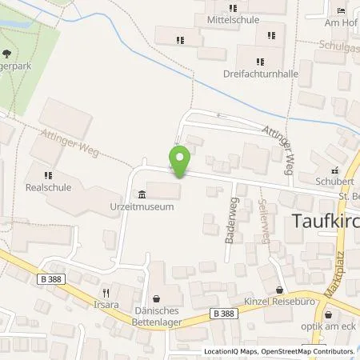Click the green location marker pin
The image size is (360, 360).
coord(180,162)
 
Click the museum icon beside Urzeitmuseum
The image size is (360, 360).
coord(142,194)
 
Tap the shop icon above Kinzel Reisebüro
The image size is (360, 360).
coord(278,290)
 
